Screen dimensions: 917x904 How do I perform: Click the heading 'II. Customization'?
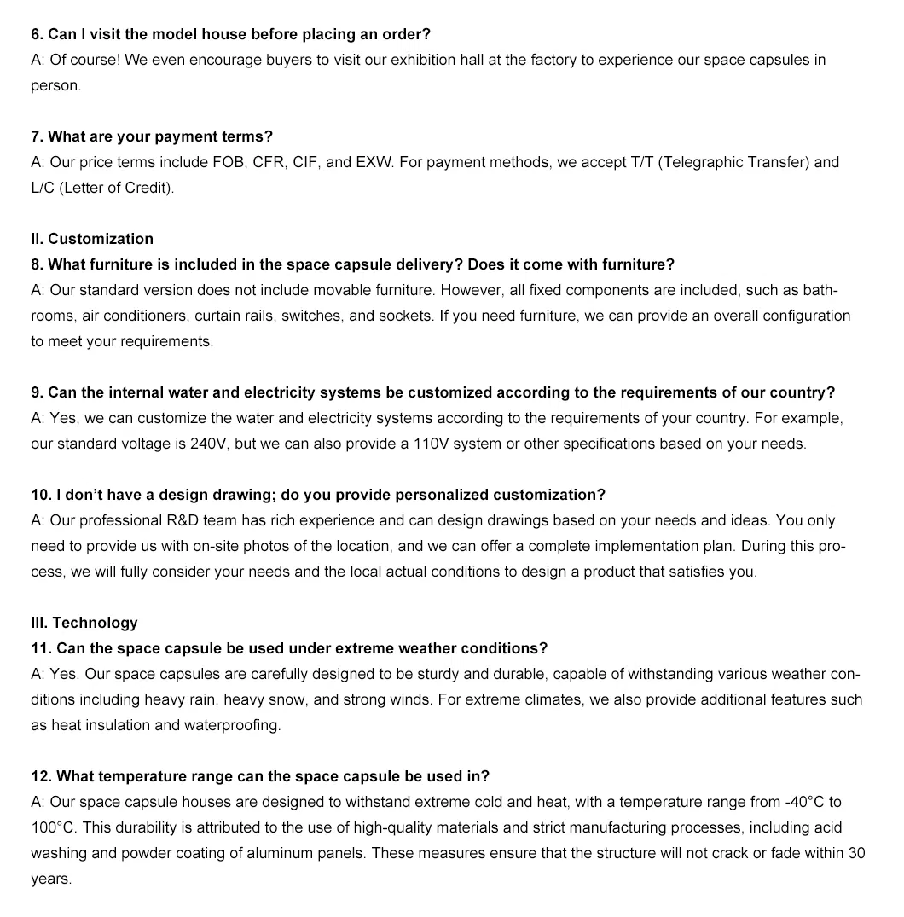pyautogui.click(x=92, y=239)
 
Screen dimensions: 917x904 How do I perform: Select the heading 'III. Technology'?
pyautogui.click(x=84, y=623)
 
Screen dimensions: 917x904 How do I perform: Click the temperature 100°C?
pyautogui.click(x=53, y=827)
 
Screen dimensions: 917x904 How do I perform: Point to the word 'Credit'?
pyautogui.click(x=148, y=188)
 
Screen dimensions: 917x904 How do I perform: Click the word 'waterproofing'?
pyautogui.click(x=232, y=725)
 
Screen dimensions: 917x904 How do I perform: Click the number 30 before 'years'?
pyautogui.click(x=857, y=853)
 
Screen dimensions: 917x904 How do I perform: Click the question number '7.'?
pyautogui.click(x=38, y=136)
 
